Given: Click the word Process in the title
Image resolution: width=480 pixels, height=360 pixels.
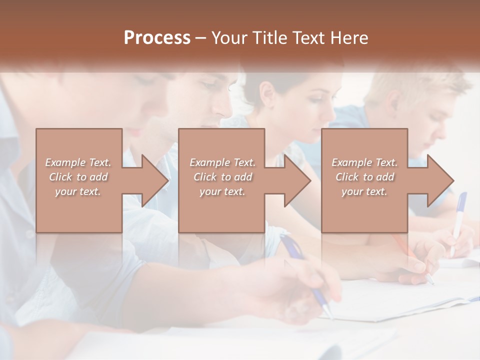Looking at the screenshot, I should point(157,38).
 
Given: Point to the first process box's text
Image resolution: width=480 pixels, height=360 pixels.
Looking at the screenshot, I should point(78,177).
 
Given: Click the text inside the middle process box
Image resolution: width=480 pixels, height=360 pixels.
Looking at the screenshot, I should point(222,177).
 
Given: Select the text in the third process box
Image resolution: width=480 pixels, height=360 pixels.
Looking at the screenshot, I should point(364,177).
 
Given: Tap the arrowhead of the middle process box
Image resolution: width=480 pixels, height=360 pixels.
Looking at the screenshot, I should point(297,180).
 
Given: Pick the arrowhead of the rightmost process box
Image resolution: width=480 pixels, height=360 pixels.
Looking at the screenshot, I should point(440,180).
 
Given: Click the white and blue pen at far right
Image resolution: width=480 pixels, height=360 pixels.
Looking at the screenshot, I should point(458,220).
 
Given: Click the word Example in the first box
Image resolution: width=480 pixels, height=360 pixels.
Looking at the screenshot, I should point(66,162).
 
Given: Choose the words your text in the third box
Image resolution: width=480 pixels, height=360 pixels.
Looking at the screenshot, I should point(364,191).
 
